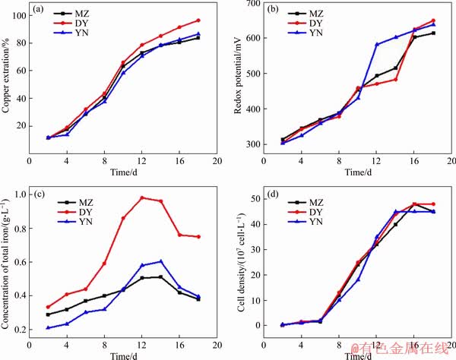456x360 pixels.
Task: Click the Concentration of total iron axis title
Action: (x=7, y=261)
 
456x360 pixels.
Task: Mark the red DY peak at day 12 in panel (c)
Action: (x=141, y=197)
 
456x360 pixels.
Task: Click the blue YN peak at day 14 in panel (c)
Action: (x=160, y=261)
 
